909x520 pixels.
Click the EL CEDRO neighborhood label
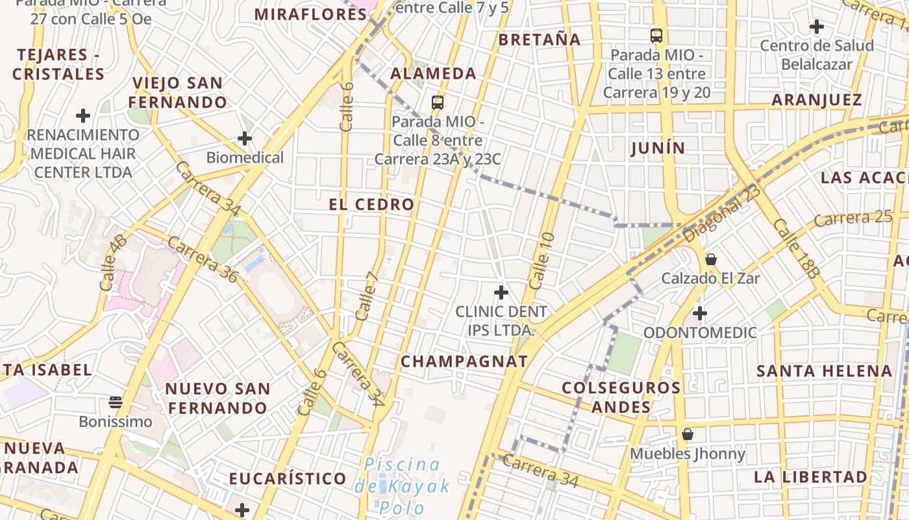[371, 204]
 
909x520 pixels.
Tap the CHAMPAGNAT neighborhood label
[464, 361]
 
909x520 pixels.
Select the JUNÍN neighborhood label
[658, 148]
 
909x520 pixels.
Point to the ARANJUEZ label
[817, 100]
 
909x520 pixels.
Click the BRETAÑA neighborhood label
[540, 40]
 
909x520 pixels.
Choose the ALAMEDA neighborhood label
[434, 73]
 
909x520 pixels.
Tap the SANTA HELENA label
[825, 371]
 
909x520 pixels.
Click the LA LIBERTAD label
[810, 476]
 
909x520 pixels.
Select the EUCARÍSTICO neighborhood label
[288, 479]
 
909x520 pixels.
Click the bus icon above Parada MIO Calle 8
[438, 102]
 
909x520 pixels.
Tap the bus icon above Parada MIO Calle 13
[656, 35]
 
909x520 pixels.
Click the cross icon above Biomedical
[245, 138]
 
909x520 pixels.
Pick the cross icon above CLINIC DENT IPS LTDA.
[501, 292]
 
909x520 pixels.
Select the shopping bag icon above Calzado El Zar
[711, 259]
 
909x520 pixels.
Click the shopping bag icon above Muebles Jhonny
[688, 434]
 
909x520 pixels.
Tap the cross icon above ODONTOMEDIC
[699, 313]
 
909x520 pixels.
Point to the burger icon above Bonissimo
[116, 402]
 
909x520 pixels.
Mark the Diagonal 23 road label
[721, 213]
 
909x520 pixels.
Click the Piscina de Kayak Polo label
[403, 486]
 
